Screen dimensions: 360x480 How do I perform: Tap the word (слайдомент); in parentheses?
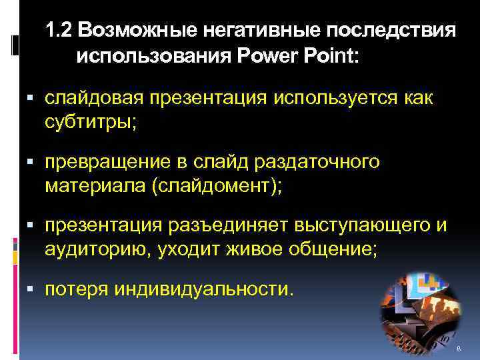pyautogui.click(x=217, y=185)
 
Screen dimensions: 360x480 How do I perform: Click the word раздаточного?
pyautogui.click(x=323, y=161)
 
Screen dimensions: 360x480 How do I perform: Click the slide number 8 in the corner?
pyautogui.click(x=459, y=350)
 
